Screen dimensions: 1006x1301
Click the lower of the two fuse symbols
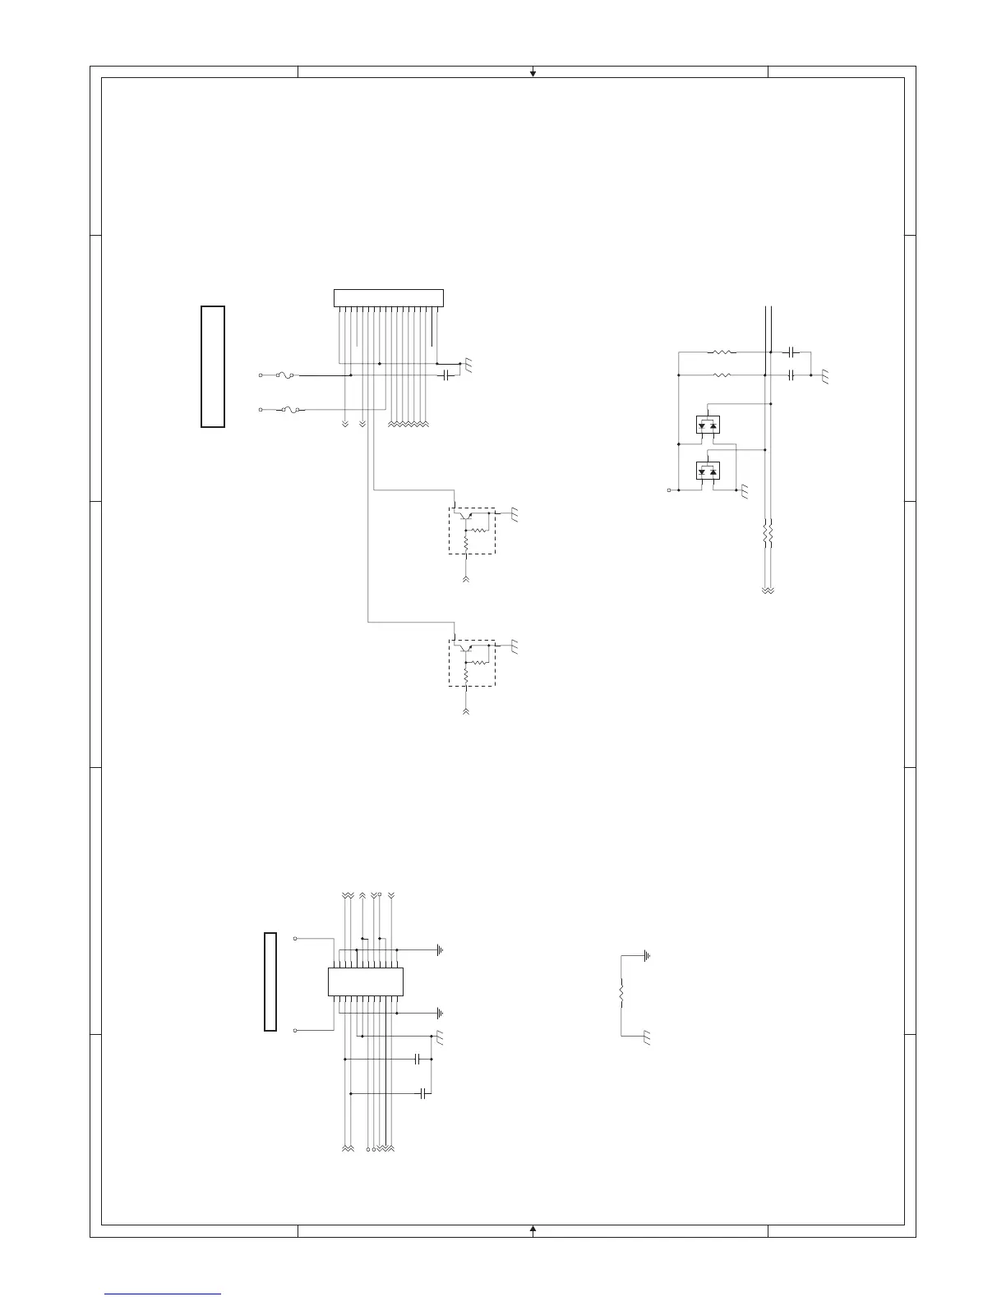[x=290, y=408]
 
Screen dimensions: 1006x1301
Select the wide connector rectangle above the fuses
[x=388, y=298]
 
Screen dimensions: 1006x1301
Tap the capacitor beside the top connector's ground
[x=446, y=375]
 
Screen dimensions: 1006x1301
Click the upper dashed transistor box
[x=472, y=531]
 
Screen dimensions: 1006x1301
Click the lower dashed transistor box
[x=472, y=663]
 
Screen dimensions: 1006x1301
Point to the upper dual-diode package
[x=708, y=425]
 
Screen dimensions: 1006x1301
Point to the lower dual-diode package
[x=708, y=471]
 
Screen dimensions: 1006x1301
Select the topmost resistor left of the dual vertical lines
[x=722, y=352]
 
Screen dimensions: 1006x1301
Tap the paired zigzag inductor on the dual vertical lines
[x=768, y=534]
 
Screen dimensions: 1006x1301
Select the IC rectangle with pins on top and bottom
[x=366, y=981]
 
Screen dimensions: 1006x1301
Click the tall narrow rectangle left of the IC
[x=270, y=981]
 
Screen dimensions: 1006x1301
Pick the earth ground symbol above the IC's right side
[x=441, y=950]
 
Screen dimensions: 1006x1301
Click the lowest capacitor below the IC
[x=423, y=1093]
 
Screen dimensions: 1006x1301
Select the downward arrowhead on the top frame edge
[x=533, y=74]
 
